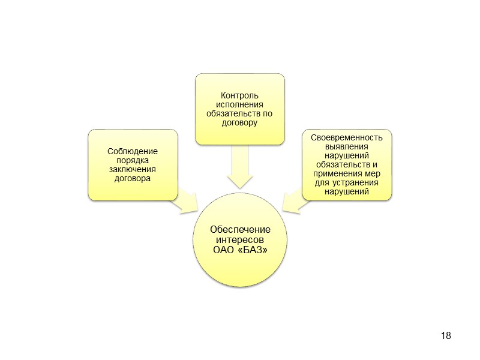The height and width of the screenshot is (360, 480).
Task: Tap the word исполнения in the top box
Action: (x=239, y=105)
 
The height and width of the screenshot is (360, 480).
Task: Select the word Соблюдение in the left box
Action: (x=133, y=152)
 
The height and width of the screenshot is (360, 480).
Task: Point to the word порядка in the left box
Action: (x=133, y=161)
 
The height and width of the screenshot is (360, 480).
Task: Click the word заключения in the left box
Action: (x=133, y=170)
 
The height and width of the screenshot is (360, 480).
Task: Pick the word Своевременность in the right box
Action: (x=347, y=137)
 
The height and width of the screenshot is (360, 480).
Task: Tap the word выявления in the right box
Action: (x=347, y=146)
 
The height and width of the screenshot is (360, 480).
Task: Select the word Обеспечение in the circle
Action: (x=239, y=230)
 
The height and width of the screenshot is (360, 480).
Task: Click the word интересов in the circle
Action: (x=239, y=240)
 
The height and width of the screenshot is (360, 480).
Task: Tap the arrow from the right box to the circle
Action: (x=292, y=202)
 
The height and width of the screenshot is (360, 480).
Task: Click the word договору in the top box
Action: (x=239, y=123)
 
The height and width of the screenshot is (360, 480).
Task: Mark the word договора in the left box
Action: (x=133, y=179)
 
